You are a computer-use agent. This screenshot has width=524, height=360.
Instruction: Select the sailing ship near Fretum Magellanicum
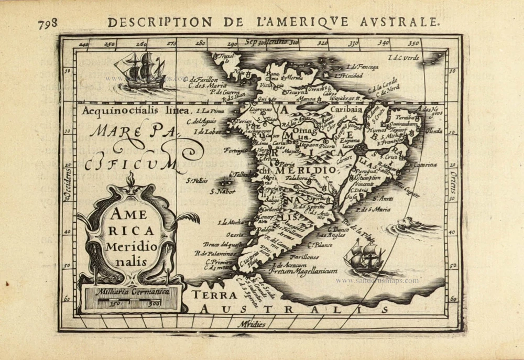click(x=365, y=256)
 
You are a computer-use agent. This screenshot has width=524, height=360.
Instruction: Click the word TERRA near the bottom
click(x=214, y=294)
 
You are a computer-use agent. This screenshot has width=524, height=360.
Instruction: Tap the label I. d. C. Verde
click(x=403, y=58)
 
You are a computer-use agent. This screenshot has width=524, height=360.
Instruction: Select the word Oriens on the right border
click(x=453, y=183)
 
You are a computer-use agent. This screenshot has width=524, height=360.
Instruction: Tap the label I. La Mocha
click(x=231, y=222)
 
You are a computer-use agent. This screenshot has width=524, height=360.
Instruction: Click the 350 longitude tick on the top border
click(x=414, y=43)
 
